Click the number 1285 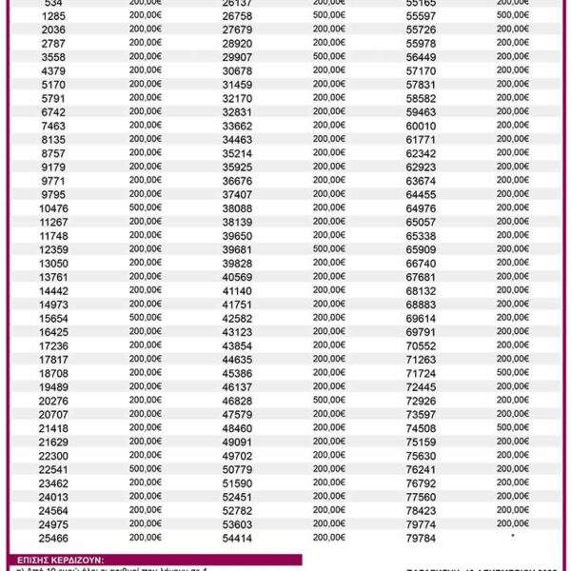click(54, 16)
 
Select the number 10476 click(54, 207)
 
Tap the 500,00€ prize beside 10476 click(146, 207)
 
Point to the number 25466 click(54, 538)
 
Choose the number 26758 click(237, 16)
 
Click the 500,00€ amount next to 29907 click(329, 57)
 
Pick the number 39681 click(237, 249)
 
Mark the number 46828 click(237, 401)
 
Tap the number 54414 click(237, 539)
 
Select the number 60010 click(421, 126)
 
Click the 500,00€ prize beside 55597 click(512, 15)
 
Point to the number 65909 click(421, 249)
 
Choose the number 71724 click(421, 373)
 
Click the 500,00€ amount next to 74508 click(512, 428)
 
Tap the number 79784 click(421, 539)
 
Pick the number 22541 click(54, 469)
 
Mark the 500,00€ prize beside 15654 click(146, 318)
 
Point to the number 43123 click(237, 332)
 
